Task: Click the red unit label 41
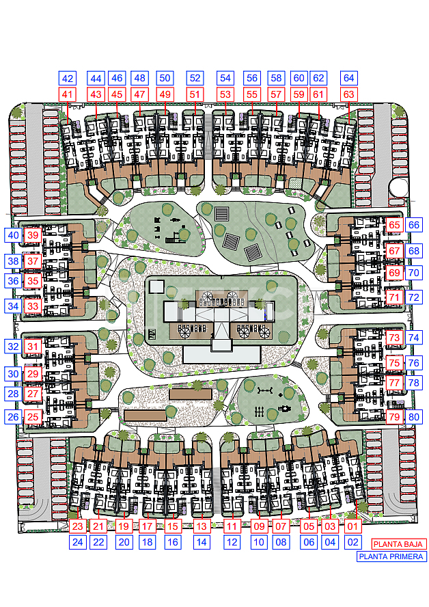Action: (x=68, y=94)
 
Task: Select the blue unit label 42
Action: (x=68, y=78)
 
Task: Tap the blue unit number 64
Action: (x=348, y=78)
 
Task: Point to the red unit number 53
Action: (x=225, y=94)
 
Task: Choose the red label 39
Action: (x=33, y=235)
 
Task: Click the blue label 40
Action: (x=13, y=235)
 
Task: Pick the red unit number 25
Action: (x=33, y=417)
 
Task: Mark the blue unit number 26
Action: (x=13, y=417)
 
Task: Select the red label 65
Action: (x=394, y=225)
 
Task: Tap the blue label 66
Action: (x=413, y=225)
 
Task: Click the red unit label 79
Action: (x=394, y=417)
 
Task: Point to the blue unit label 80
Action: (x=413, y=417)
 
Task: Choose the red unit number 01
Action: (x=352, y=526)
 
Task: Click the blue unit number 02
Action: (x=352, y=542)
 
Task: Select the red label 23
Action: (x=78, y=526)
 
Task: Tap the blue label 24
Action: (x=78, y=542)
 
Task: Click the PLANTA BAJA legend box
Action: (x=398, y=544)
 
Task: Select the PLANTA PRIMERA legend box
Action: (x=391, y=556)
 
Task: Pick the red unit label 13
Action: (x=202, y=526)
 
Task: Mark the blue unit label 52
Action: (x=195, y=78)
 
